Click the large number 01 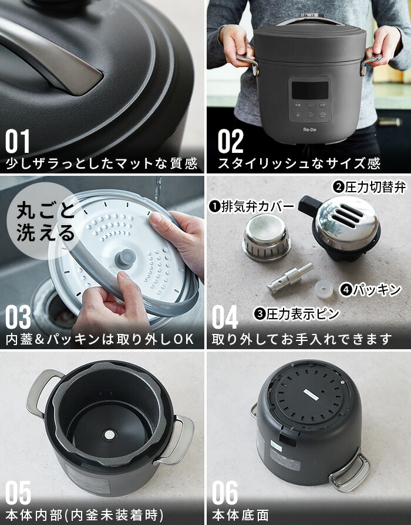(x=18, y=142)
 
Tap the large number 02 (x=230, y=142)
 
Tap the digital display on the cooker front (x=309, y=90)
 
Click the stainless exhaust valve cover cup (x=266, y=238)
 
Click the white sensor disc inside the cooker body (x=109, y=434)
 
